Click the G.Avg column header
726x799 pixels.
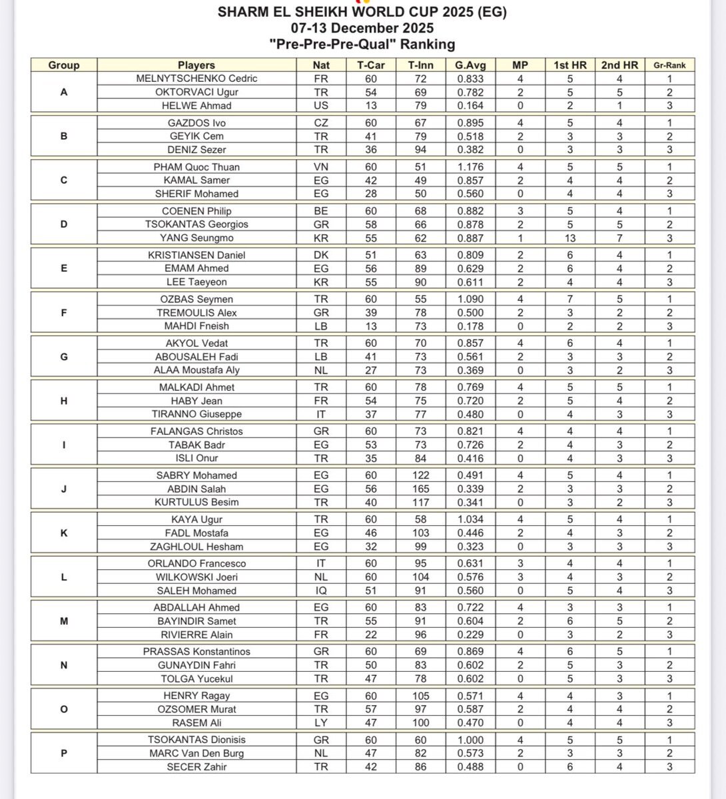tap(470, 65)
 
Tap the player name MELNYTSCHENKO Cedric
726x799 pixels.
tap(196, 79)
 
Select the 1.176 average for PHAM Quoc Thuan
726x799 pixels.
tap(470, 167)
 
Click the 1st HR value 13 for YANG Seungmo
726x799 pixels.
tap(570, 238)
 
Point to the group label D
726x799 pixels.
tap(64, 224)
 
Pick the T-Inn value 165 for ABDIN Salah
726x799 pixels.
tap(421, 489)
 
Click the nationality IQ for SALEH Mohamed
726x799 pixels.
tap(321, 591)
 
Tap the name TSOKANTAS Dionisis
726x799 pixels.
tap(196, 740)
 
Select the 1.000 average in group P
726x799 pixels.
tap(470, 740)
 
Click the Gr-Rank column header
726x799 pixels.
tap(669, 65)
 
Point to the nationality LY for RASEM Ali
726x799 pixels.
tap(321, 722)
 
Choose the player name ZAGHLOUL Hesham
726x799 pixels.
tap(196, 547)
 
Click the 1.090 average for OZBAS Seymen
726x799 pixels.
tap(470, 300)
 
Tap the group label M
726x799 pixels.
tap(64, 621)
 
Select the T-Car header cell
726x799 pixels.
tap(371, 65)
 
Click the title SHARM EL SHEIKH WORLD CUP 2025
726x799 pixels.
tap(362, 13)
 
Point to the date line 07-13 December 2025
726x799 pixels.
tap(362, 28)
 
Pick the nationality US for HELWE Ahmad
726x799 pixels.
tap(321, 105)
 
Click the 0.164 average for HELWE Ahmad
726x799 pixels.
tap(470, 105)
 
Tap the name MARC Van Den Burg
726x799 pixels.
tap(196, 753)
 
